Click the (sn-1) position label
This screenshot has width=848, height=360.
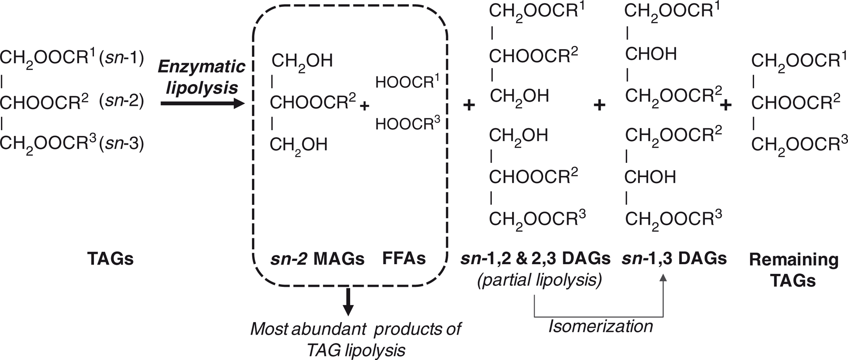point(122,59)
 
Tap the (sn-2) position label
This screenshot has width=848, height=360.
point(122,100)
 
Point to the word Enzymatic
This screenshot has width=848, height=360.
point(202,67)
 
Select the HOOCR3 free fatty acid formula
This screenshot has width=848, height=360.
point(407,123)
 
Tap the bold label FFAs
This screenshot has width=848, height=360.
point(404,258)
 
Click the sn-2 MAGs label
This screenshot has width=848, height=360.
point(317,259)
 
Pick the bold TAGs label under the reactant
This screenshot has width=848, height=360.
point(111,259)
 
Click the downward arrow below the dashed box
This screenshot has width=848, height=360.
point(348,301)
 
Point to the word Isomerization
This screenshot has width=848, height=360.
point(600,326)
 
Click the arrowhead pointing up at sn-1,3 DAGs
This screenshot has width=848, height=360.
point(663,278)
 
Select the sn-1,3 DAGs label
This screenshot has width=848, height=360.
point(674,258)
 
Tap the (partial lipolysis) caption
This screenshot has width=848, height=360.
point(540,280)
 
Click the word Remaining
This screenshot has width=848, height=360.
point(794,260)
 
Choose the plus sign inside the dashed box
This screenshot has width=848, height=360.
point(365,106)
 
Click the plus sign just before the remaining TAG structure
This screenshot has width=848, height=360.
point(726,106)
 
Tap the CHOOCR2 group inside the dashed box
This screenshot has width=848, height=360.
point(313,101)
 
